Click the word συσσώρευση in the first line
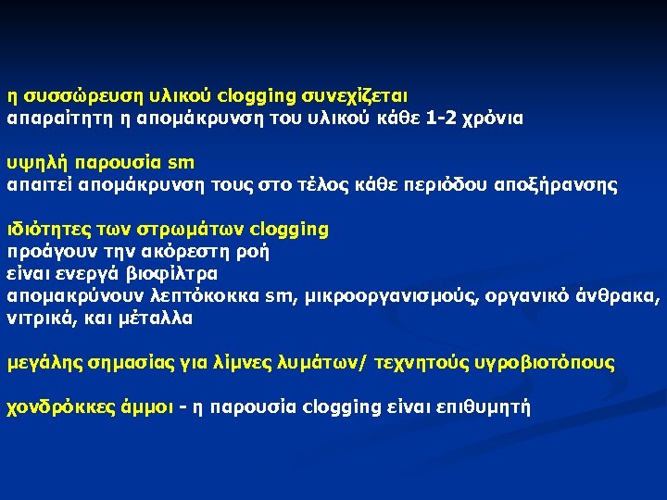69,95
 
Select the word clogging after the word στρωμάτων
290,229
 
